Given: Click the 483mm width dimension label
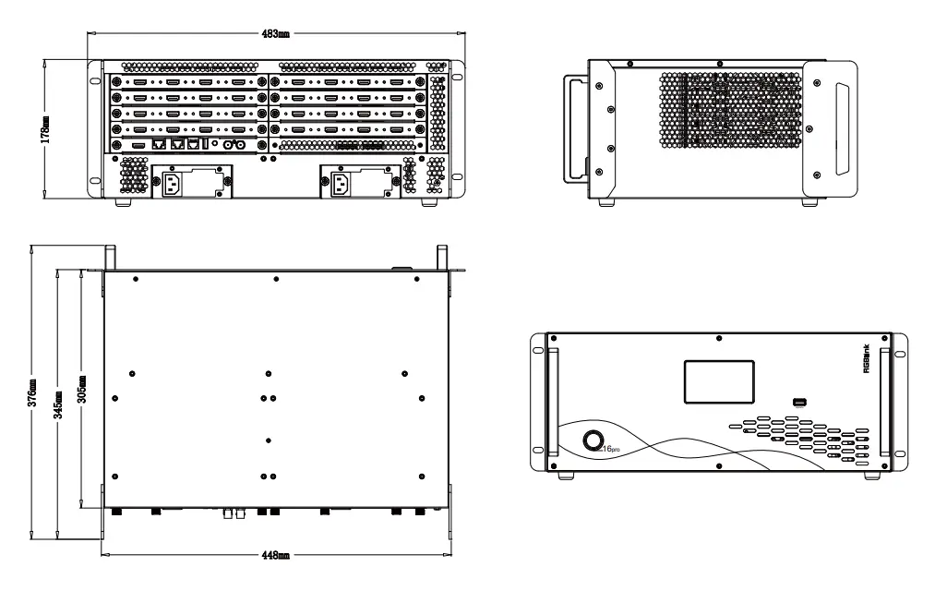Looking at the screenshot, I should (276, 34).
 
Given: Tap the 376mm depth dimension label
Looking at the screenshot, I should (33, 392).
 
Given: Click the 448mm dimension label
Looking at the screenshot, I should (276, 556).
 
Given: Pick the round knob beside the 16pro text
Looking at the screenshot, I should (595, 440).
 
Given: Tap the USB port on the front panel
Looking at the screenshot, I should (799, 402).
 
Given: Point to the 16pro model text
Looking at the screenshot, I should (614, 448).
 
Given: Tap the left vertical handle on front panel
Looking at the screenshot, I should (553, 402).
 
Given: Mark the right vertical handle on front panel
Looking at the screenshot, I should (885, 402).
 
